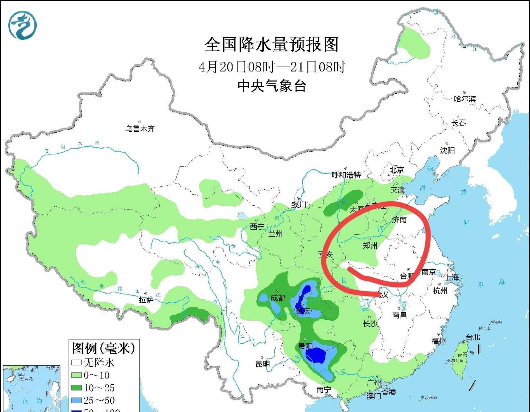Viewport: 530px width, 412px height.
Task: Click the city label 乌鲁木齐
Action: click(140, 129)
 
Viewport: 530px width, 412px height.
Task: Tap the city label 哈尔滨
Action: click(465, 99)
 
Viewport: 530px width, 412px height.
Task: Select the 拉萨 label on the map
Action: click(146, 300)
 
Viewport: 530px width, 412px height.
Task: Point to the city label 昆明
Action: click(262, 364)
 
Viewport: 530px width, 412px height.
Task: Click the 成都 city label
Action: click(278, 298)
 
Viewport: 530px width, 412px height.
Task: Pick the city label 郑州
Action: click(370, 246)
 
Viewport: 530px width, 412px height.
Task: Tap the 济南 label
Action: click(399, 220)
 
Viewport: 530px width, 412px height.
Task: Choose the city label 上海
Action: click(452, 277)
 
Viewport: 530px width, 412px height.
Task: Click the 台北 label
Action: click(473, 337)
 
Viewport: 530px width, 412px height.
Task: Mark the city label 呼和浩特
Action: click(347, 175)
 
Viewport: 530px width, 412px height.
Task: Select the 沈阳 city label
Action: click(447, 150)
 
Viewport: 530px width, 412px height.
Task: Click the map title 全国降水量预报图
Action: click(272, 44)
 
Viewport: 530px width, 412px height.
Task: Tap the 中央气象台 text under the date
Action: click(272, 86)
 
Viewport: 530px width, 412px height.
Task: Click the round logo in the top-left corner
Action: click(22, 25)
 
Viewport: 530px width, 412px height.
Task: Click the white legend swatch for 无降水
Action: click(76, 363)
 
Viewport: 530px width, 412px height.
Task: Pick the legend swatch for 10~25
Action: click(76, 388)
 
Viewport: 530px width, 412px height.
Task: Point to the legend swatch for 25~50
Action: click(76, 400)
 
